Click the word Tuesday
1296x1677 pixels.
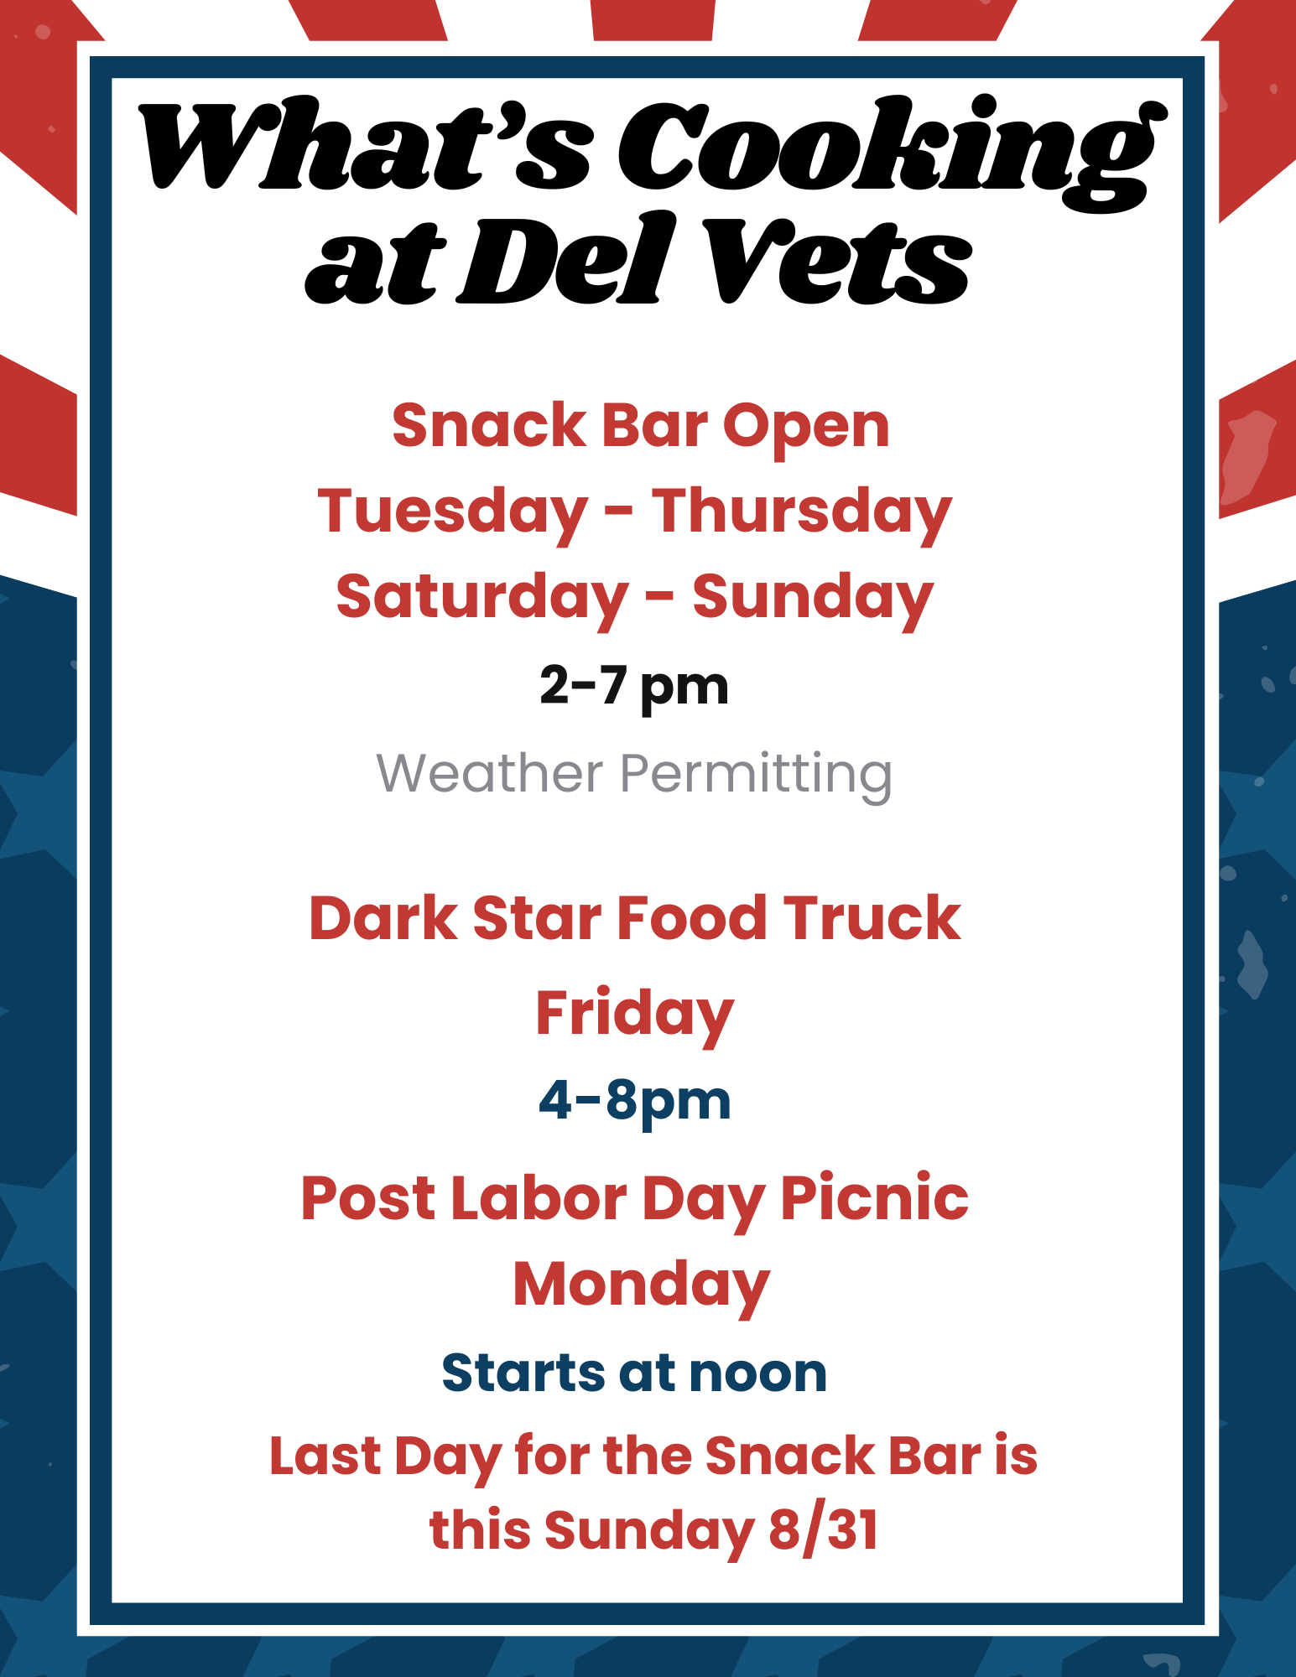(x=452, y=511)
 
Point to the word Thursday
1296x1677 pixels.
(x=802, y=511)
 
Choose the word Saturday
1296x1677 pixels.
(x=482, y=597)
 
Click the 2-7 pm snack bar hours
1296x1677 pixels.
(x=634, y=686)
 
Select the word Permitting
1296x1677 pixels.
(x=756, y=774)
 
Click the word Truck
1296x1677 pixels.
(x=872, y=919)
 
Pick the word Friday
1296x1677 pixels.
(x=635, y=1015)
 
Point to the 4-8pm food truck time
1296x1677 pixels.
(x=635, y=1101)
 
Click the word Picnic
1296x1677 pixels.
(x=874, y=1198)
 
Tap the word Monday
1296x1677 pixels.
(x=641, y=1285)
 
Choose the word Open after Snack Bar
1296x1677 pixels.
(x=805, y=427)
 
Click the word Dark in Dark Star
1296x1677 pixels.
(x=382, y=919)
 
